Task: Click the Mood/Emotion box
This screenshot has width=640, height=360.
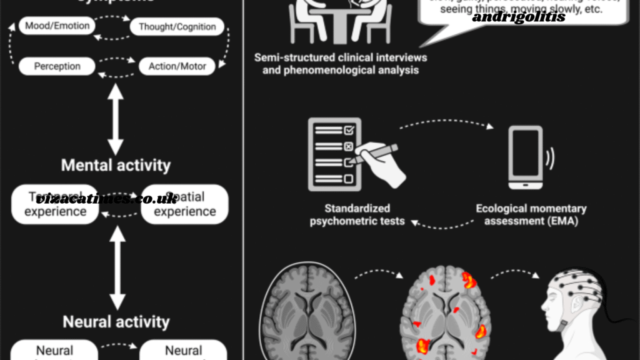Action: point(57,26)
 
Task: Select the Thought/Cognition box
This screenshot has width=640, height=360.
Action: point(177,27)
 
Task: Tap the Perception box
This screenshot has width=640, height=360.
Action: point(57,66)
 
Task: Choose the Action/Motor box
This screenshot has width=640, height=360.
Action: point(177,66)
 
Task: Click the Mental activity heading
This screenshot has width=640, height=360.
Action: point(116,166)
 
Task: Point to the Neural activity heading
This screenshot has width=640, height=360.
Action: point(116,322)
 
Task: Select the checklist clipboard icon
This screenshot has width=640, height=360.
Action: point(334,154)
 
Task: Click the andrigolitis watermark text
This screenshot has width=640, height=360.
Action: point(518,17)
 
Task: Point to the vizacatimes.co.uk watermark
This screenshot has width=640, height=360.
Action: point(106,199)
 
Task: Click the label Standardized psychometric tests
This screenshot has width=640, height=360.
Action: point(357,214)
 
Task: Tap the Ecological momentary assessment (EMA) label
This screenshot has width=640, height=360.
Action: point(531,214)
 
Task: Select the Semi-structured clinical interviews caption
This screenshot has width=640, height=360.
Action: point(341,64)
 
